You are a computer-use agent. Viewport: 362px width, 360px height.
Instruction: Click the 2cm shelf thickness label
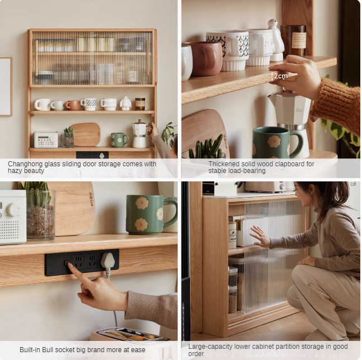pos(281,76)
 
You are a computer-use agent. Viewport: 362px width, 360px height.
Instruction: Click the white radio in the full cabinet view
pos(46,139)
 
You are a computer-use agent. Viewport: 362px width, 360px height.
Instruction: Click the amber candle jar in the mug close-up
pos(293,40)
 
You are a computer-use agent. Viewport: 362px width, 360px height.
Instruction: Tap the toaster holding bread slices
pos(132,335)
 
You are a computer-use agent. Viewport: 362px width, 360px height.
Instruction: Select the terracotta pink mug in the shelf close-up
pos(203,58)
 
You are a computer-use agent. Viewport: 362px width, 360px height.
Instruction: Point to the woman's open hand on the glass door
pos(260,237)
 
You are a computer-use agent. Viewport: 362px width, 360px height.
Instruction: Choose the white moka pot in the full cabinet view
pos(139,134)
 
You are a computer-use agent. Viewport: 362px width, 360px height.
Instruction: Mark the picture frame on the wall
pos(6,86)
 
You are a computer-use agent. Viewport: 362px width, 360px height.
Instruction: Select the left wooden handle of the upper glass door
pos(36,58)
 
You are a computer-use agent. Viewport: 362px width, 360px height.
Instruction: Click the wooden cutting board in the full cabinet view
pos(85,134)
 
